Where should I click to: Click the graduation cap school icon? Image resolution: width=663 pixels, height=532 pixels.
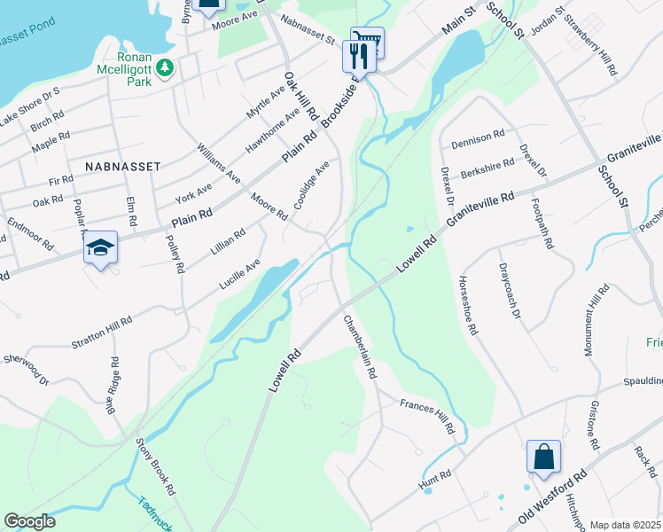[100, 249]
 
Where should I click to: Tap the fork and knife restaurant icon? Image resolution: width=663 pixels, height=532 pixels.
[358, 56]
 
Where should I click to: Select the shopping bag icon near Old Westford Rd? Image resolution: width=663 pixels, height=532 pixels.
[543, 458]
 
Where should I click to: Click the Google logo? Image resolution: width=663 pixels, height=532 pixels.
[29, 521]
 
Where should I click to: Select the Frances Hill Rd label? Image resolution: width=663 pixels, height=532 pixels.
[427, 417]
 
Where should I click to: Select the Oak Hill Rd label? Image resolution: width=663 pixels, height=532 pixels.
[300, 97]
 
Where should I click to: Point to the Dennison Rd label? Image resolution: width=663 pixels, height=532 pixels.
[477, 143]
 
